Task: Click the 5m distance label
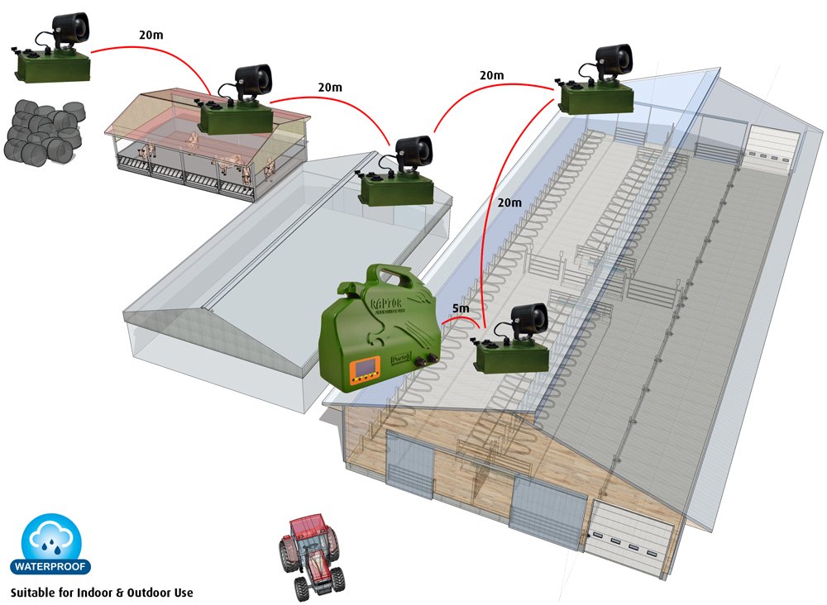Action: click(461, 309)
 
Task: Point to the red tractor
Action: click(310, 555)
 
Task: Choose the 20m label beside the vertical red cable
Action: click(509, 202)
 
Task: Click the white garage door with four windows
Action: click(627, 541)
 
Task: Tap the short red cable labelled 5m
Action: click(455, 321)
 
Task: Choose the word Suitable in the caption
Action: click(31, 593)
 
